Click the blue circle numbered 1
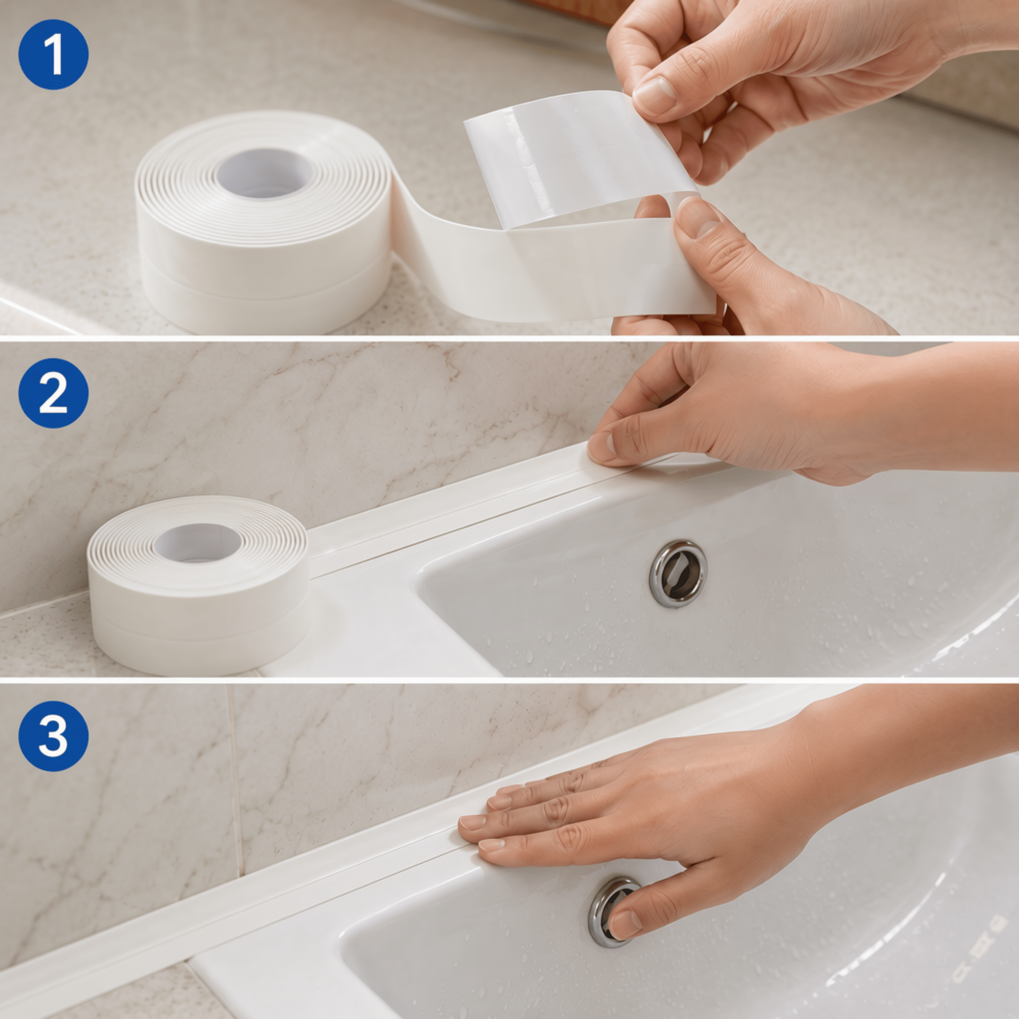pyautogui.click(x=53, y=55)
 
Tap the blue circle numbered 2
pyautogui.click(x=53, y=394)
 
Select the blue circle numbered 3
pyautogui.click(x=53, y=736)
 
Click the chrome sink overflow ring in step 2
pyautogui.click(x=678, y=573)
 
